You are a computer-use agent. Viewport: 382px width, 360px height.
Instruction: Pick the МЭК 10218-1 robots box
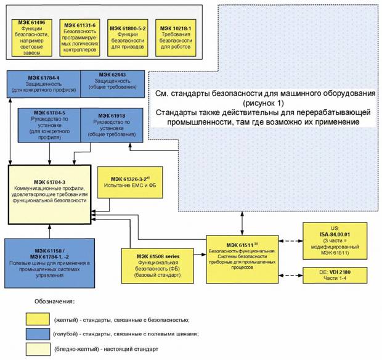click(x=176, y=36)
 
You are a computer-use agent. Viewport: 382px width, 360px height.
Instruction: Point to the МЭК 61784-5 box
click(x=50, y=125)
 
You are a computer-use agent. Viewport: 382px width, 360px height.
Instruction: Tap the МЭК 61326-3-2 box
click(x=132, y=181)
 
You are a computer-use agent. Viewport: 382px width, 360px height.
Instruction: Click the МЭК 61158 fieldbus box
click(x=49, y=263)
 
